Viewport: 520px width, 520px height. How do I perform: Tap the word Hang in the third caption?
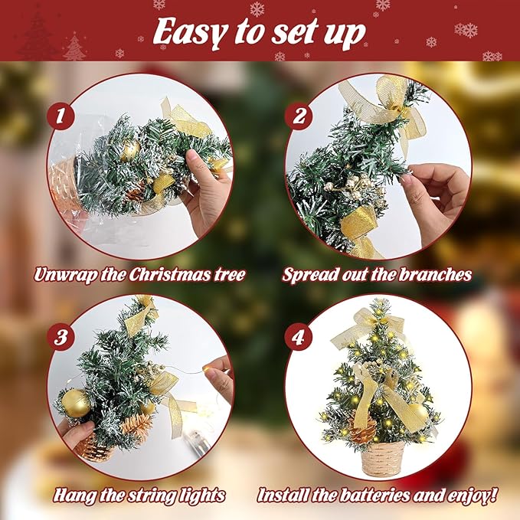pos(74,495)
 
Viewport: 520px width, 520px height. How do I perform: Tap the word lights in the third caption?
pos(201,495)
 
